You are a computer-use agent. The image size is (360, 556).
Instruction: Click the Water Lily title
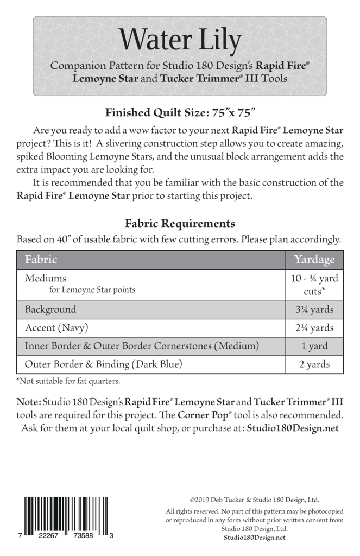pos(180,40)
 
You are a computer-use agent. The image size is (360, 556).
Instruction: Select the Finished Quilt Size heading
pos(180,113)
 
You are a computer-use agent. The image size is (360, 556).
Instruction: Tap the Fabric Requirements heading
pos(180,223)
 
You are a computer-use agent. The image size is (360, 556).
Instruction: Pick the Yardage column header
pos(314,259)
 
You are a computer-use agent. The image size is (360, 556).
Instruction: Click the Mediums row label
pos(46,278)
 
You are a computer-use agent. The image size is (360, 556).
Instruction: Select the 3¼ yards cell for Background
pos(314,310)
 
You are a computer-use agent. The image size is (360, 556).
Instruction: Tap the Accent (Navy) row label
pos(56,328)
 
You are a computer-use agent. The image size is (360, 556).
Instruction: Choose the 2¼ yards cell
pos(314,328)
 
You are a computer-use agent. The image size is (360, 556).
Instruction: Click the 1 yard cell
pos(314,346)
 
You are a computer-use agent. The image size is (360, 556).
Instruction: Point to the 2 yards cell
pos(314,364)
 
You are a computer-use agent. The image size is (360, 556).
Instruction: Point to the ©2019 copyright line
pos(254,500)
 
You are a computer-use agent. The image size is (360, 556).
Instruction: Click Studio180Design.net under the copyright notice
pos(254,538)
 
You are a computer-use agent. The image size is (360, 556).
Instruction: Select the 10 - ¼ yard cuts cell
pos(314,284)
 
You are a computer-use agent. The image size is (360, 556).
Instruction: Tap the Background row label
pos(50,310)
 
